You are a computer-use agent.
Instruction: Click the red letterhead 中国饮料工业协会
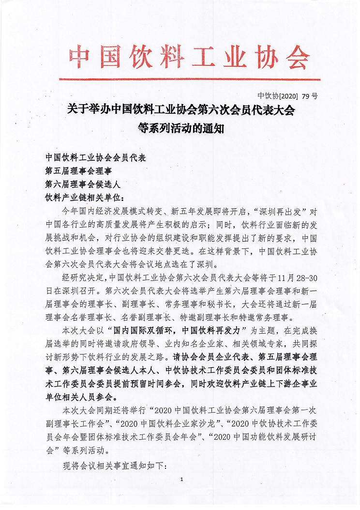189,57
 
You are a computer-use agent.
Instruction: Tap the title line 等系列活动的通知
180,129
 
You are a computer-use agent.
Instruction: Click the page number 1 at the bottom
181,479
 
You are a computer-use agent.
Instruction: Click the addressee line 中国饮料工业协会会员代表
95,158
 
